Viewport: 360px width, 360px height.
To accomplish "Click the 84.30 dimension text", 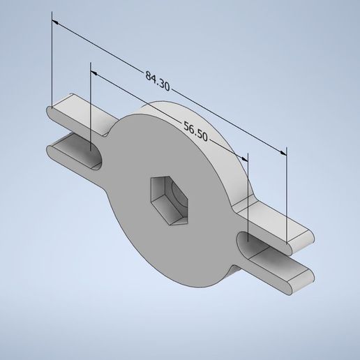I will point(158,77).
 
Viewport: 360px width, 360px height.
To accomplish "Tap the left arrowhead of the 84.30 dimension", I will point(56,22).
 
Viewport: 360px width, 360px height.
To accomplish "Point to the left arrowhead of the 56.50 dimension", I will point(95,71).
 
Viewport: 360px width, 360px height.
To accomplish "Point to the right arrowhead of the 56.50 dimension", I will point(245,157).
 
